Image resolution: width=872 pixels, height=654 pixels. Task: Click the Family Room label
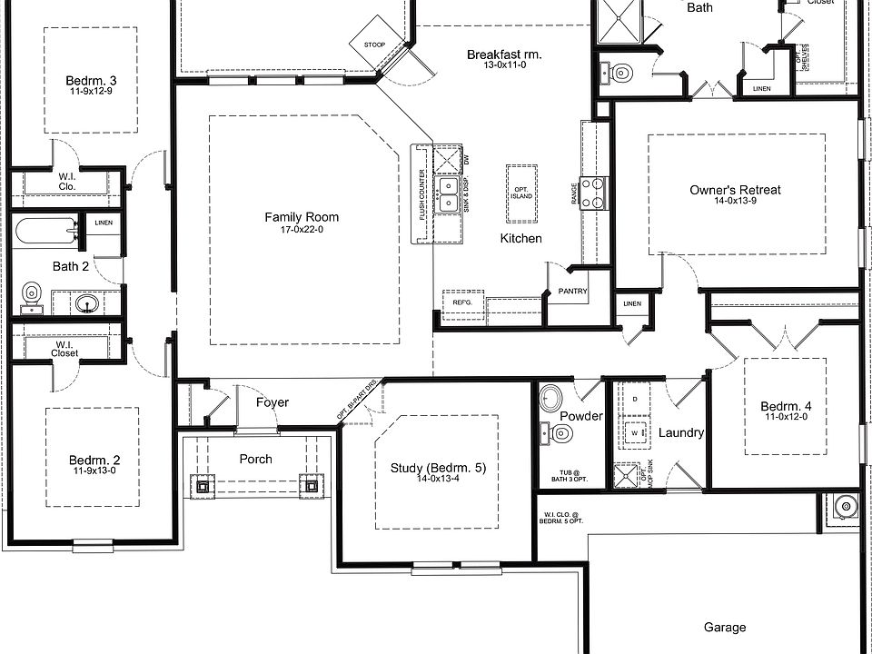302,217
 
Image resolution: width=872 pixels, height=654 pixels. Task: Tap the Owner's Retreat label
735,190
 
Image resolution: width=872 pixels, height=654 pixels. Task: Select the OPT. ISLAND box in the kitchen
521,193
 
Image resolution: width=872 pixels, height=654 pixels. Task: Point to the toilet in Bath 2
32,294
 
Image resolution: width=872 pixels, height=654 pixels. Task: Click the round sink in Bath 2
87,302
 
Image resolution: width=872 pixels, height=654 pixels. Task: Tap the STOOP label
373,43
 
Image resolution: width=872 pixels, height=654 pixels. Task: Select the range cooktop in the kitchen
593,193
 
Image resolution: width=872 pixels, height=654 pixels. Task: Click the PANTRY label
574,292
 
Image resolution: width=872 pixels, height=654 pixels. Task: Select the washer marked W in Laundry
634,432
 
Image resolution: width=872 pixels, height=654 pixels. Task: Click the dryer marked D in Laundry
634,398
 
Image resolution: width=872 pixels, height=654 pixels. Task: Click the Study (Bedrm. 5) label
439,468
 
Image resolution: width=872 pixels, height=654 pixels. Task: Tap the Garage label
725,627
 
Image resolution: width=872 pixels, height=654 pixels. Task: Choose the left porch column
202,486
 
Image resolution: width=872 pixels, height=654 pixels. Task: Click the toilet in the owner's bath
620,73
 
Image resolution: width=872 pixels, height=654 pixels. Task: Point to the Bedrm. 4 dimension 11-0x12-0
785,417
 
